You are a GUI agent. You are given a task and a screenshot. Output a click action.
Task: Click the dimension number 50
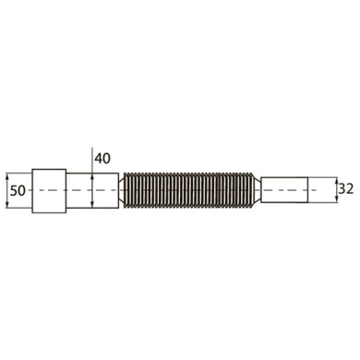18,191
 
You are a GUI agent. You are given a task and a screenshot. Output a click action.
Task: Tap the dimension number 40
102,159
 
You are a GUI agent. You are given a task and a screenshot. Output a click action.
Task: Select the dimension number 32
346,189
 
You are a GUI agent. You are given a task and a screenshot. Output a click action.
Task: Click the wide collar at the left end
49,191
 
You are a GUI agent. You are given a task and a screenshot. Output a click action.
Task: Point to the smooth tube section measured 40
92,191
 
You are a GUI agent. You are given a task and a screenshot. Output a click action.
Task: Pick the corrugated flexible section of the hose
189,191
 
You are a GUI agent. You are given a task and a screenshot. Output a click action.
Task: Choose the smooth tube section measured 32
284,190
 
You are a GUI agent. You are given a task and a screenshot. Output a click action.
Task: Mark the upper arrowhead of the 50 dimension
7,176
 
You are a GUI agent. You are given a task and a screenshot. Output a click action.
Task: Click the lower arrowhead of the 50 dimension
7,205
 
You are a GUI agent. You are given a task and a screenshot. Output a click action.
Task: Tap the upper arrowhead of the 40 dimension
92,176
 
